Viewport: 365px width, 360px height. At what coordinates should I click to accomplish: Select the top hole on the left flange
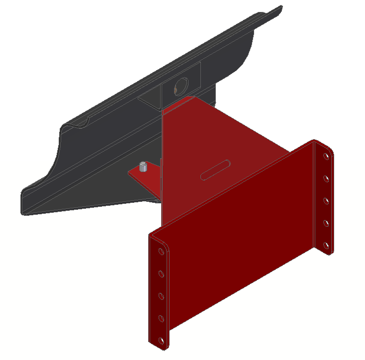pyautogui.click(x=161, y=252)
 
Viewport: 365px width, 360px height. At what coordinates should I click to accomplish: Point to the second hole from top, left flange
pyautogui.click(x=161, y=273)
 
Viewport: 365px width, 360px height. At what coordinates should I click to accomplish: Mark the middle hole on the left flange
pyautogui.click(x=161, y=296)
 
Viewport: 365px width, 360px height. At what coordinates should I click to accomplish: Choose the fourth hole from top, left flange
pyautogui.click(x=161, y=318)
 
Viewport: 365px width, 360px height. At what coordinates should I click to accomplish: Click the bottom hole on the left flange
pyautogui.click(x=161, y=341)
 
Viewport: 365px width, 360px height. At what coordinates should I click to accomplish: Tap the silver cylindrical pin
pyautogui.click(x=144, y=167)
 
